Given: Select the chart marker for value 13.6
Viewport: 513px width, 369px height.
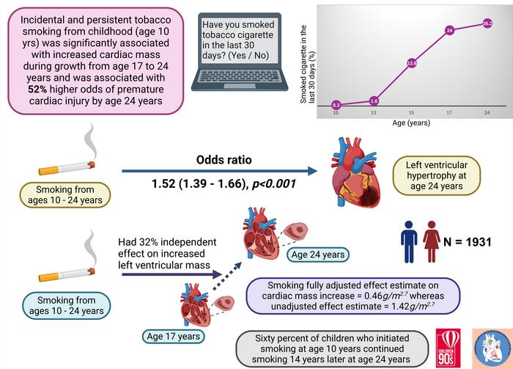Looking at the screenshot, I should (411, 64).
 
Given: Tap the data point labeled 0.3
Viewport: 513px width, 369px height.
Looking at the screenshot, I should (336, 106).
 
